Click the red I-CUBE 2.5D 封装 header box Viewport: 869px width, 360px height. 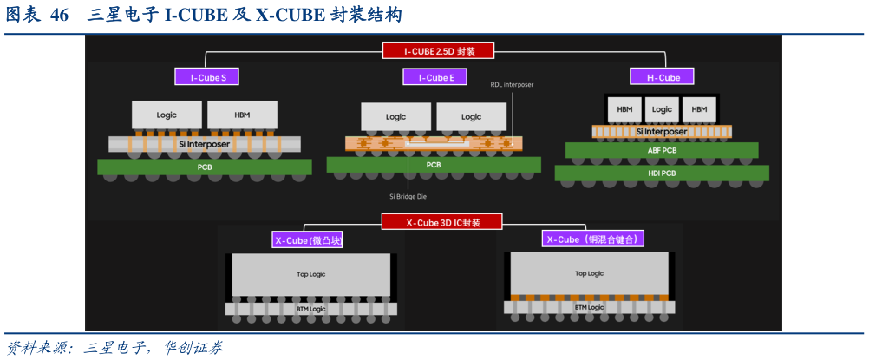439,50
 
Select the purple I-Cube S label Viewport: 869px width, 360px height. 207,77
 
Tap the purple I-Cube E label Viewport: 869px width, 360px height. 436,77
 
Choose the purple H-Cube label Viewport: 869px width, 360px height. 663,77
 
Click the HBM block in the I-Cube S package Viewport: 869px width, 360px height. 242,115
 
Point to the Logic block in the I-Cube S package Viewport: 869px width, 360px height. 167,115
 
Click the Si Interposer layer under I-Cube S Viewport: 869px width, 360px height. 206,143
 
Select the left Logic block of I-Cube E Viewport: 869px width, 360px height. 395,116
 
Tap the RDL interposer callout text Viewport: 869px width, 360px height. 512,85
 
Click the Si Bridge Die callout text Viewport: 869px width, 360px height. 408,196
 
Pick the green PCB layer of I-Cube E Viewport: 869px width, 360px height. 433,165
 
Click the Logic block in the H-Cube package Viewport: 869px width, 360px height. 662,109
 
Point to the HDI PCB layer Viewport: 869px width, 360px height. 661,173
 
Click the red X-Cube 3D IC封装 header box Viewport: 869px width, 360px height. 442,222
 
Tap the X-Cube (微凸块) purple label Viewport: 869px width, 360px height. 308,239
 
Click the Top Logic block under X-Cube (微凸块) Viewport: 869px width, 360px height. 310,274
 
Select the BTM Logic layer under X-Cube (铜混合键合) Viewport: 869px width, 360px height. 589,307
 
